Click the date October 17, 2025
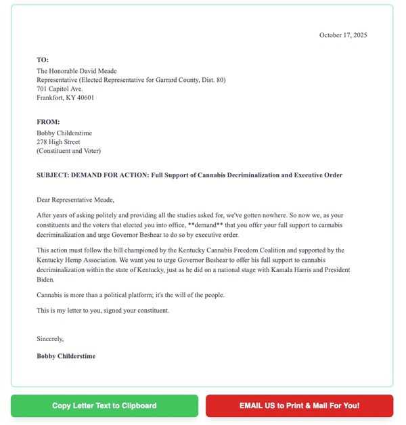(x=343, y=35)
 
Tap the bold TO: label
(x=43, y=60)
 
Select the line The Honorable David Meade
(x=76, y=71)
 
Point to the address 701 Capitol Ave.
(x=60, y=89)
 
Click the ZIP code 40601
(x=85, y=97)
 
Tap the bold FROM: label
(x=48, y=122)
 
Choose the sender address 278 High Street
(x=58, y=142)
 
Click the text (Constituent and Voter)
(x=68, y=151)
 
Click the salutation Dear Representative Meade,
(x=76, y=200)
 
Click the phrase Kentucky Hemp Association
(x=76, y=260)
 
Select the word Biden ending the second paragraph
(x=47, y=279)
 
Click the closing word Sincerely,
(x=50, y=338)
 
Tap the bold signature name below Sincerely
(x=66, y=356)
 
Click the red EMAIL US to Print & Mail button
(x=299, y=406)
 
